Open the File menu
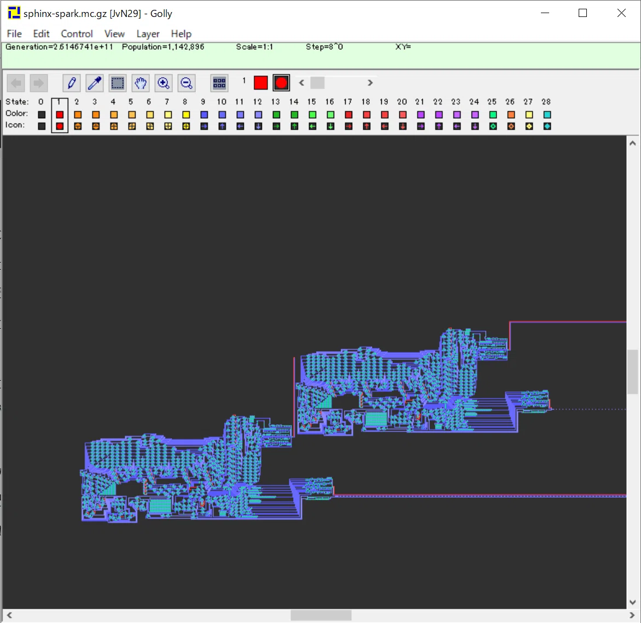14,34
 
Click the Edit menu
41,34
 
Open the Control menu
77,34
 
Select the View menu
114,34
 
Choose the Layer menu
148,34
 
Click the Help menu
181,34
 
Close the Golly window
621,13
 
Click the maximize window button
583,13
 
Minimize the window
545,13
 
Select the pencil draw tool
72,83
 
